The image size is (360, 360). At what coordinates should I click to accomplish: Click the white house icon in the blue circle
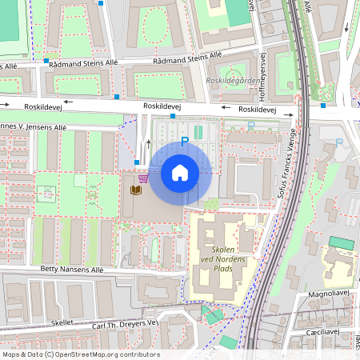(179, 173)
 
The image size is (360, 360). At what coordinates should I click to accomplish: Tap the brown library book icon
(136, 191)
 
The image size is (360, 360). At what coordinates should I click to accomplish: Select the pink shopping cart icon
(142, 179)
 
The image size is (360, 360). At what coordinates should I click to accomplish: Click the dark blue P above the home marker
(185, 142)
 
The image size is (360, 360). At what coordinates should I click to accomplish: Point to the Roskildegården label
(231, 80)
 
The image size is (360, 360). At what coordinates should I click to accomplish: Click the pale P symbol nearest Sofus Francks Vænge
(251, 126)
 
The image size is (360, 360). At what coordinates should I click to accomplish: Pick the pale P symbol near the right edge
(338, 142)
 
